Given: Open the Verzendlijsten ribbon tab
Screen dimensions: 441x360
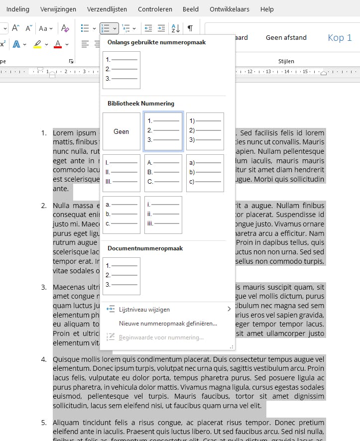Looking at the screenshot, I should (x=107, y=9).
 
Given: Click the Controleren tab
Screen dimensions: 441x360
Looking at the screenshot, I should (x=155, y=9).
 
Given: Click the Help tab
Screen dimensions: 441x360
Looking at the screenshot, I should (x=267, y=9).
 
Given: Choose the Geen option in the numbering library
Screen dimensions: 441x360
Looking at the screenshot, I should (x=121, y=131).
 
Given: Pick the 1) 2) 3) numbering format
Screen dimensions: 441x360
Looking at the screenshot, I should (x=205, y=131).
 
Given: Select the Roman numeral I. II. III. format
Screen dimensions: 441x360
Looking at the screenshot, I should (x=121, y=173).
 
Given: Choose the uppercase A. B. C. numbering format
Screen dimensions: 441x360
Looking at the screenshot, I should (x=163, y=173).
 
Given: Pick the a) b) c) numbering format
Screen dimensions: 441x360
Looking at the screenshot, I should (x=205, y=173).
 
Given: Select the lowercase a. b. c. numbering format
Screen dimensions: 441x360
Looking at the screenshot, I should (x=121, y=215).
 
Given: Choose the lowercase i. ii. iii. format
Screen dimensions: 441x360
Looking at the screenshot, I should (x=163, y=215).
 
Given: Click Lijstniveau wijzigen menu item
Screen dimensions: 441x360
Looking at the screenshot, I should (x=144, y=309).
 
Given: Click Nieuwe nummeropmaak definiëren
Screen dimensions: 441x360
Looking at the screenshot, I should (x=168, y=323).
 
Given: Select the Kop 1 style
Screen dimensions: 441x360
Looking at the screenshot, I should (x=340, y=38).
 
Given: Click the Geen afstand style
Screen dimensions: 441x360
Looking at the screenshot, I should (x=286, y=38).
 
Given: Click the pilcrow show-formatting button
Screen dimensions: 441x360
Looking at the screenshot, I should (x=190, y=28).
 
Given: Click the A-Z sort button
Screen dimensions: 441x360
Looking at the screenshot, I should (x=175, y=28).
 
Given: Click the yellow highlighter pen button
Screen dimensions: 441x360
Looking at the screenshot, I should (x=38, y=44).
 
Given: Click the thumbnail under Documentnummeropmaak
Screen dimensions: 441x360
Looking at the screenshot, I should (x=121, y=276).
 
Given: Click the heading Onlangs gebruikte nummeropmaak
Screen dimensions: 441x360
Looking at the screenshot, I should (x=156, y=42).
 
